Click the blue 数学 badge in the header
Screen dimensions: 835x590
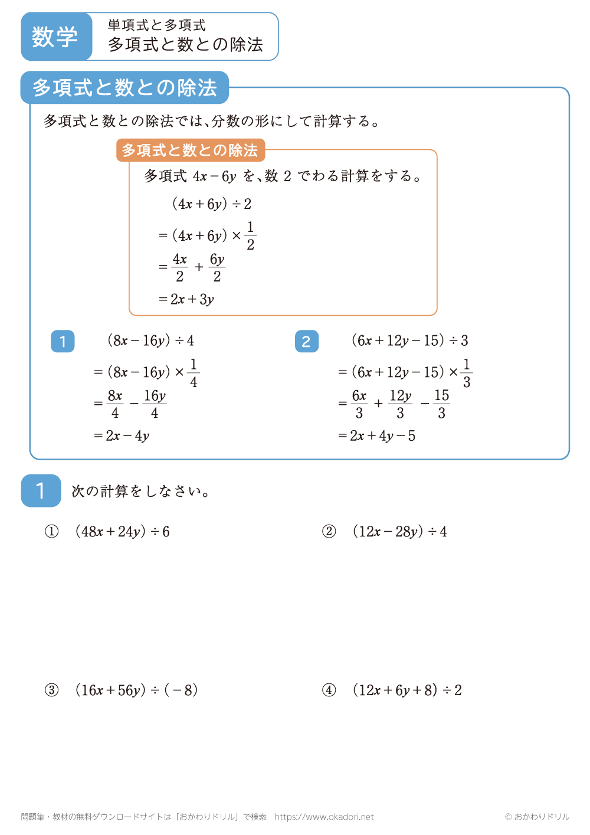55,37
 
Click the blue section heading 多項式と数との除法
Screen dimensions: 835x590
124,87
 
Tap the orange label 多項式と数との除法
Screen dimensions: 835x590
190,150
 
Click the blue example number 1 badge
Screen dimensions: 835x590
63,341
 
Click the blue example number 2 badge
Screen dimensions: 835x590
306,341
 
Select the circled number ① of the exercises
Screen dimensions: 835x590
52,532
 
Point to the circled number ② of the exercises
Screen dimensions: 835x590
329,532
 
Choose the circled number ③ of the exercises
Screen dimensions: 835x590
52,690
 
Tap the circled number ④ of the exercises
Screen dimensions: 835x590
329,690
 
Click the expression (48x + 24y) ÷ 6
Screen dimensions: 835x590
123,532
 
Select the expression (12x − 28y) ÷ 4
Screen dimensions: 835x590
400,532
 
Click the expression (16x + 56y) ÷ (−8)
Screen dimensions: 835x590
137,690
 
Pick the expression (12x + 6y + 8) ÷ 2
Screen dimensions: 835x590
407,690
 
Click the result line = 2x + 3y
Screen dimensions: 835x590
186,299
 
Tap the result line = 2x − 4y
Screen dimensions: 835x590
122,436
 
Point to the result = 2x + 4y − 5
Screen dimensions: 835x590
377,436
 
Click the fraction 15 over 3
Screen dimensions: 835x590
441,404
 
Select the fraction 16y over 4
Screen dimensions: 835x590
155,404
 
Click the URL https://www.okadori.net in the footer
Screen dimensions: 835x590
324,817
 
